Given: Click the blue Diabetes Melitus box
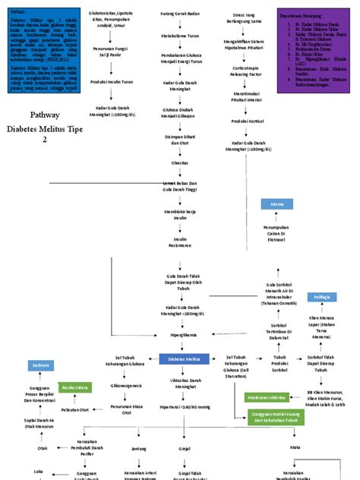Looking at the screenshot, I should click(184, 358).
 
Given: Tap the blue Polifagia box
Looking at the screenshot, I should click(322, 296).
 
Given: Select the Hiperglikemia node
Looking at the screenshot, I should click(184, 333).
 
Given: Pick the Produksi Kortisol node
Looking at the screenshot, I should click(248, 122).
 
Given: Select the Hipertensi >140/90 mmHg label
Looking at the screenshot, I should click(185, 408).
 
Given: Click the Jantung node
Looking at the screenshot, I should click(138, 449).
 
